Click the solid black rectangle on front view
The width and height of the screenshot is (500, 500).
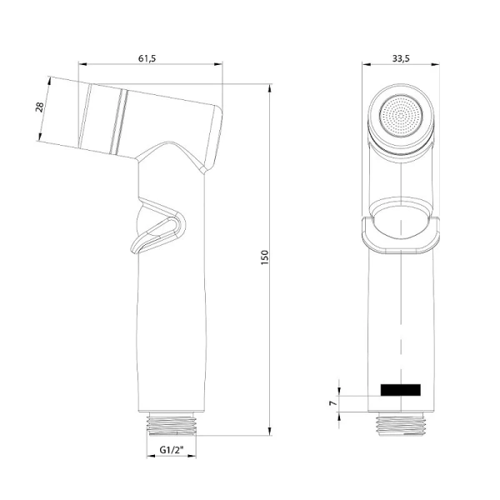coord(400,389)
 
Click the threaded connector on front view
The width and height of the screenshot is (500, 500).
coord(400,424)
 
